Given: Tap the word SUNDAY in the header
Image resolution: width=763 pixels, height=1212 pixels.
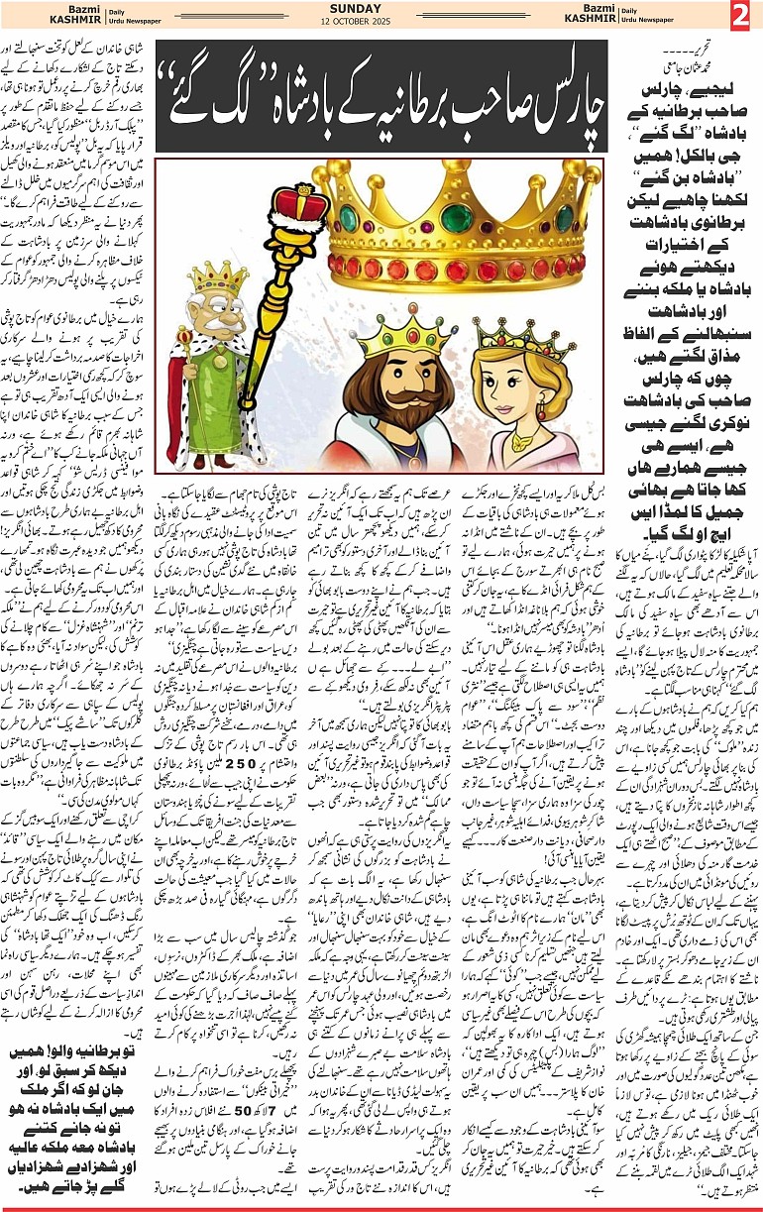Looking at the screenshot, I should [382, 8].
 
